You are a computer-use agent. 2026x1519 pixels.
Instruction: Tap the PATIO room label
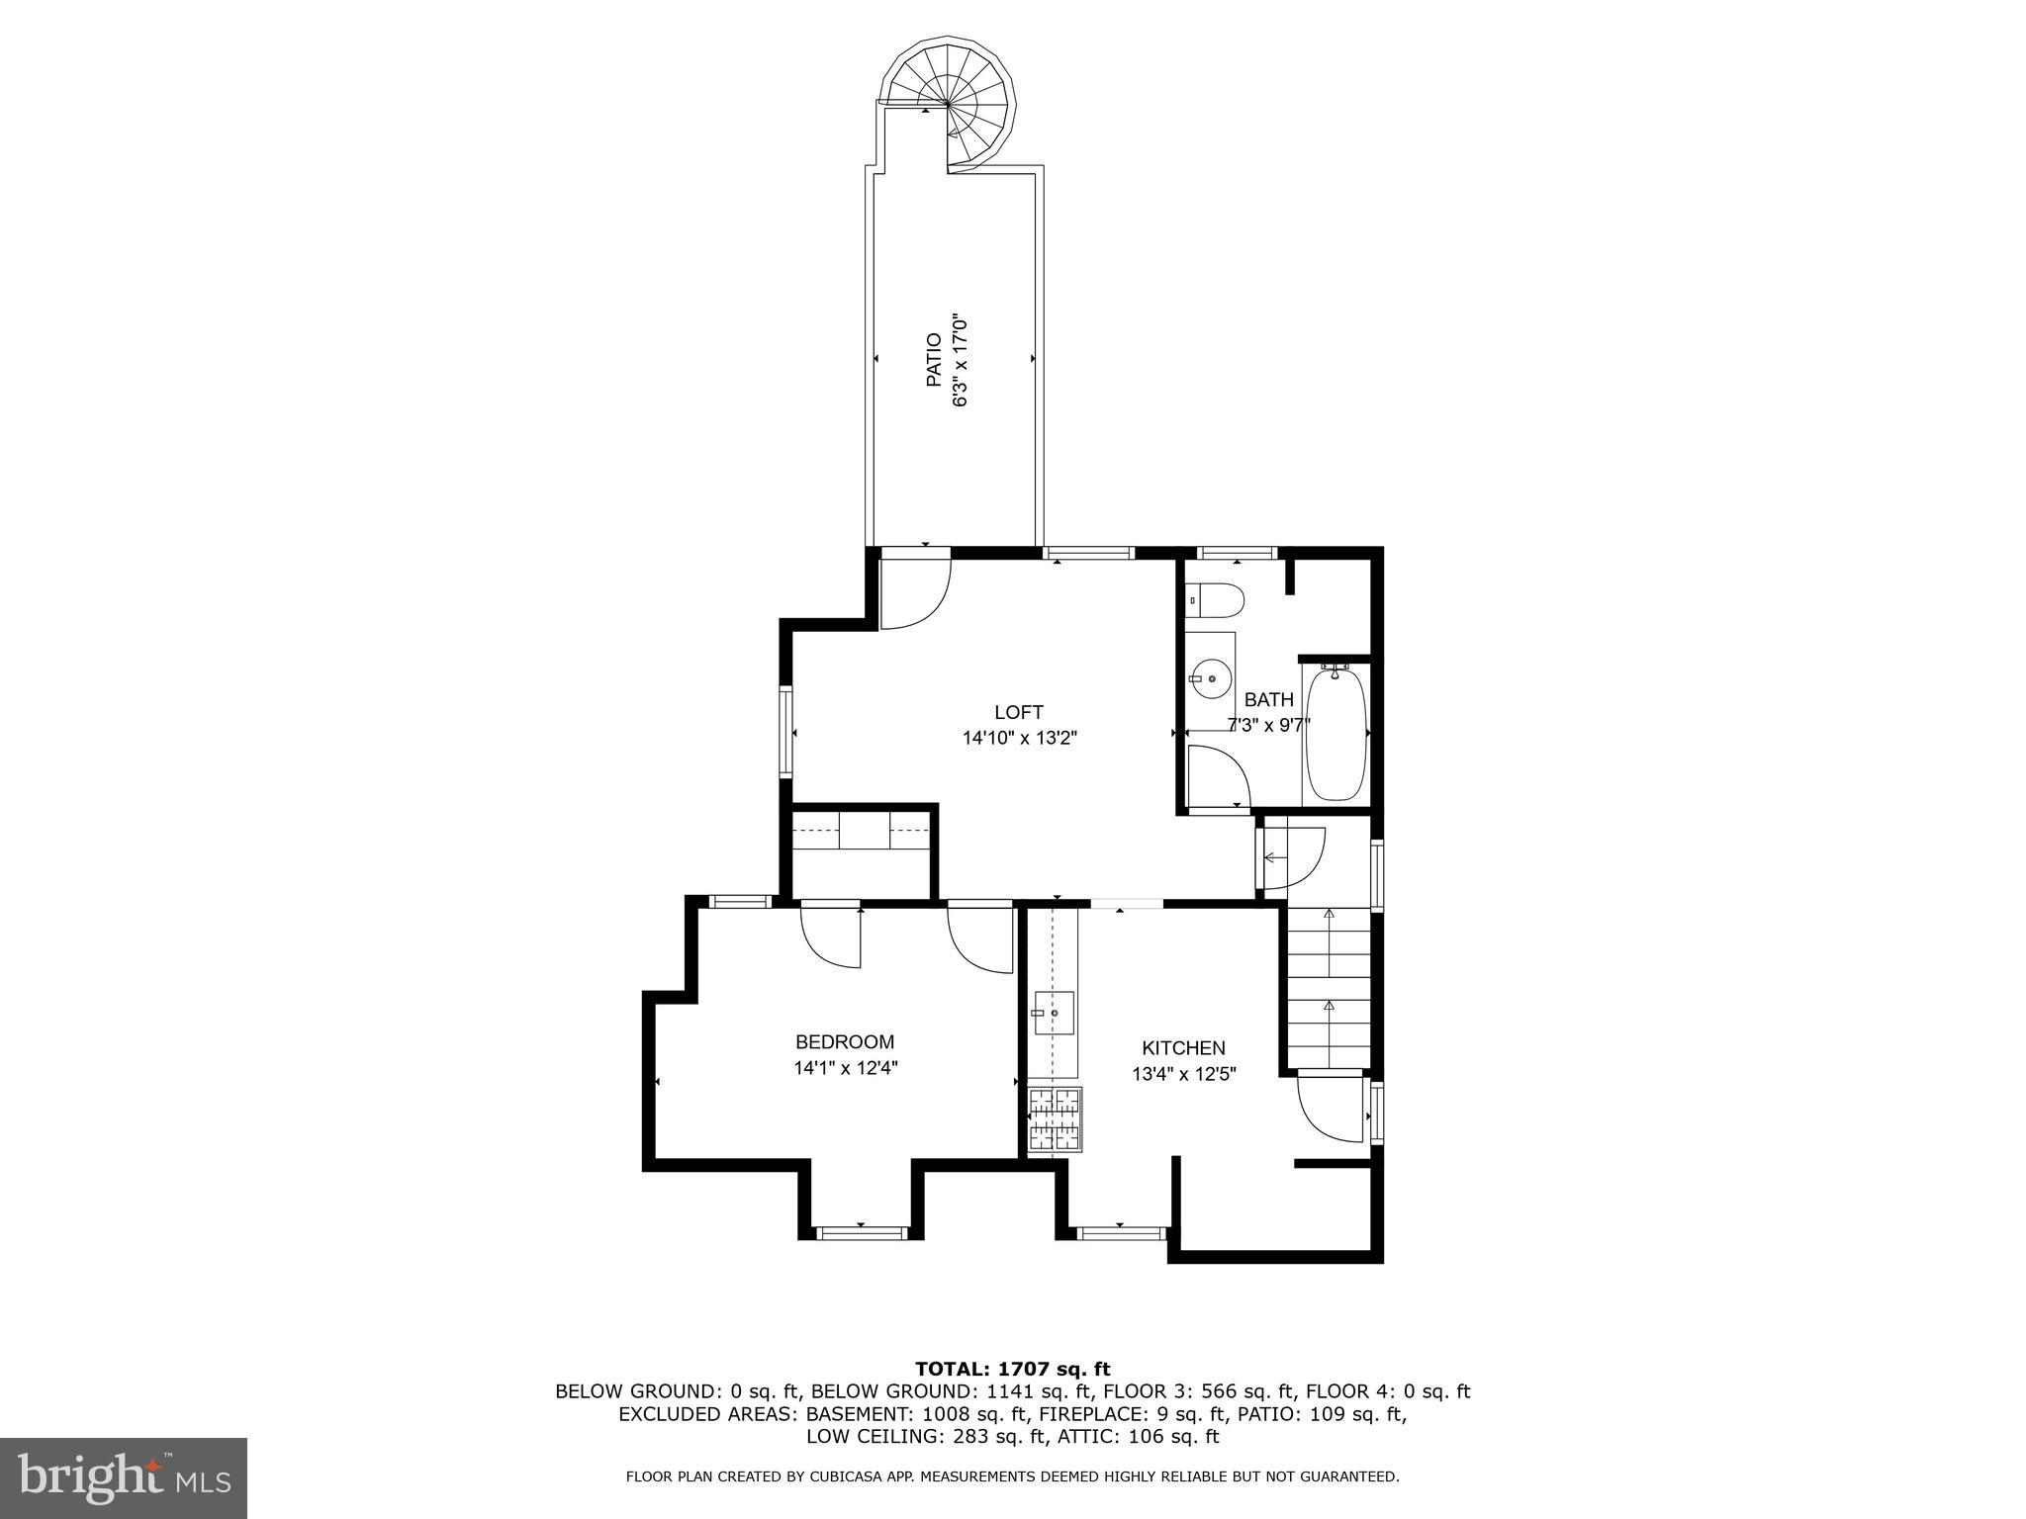[934, 360]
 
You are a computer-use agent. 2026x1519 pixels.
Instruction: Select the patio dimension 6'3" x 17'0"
[959, 361]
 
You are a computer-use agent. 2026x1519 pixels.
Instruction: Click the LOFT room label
[1019, 712]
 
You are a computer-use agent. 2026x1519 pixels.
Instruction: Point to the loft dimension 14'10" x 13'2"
[1019, 738]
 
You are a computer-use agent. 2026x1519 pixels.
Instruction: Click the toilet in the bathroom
[1216, 599]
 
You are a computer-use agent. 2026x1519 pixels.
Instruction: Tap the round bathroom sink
[1211, 679]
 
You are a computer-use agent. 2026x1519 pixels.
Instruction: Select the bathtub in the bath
[1335, 733]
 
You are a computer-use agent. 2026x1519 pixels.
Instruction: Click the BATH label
[1268, 700]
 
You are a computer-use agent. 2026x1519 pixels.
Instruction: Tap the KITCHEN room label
[1183, 1048]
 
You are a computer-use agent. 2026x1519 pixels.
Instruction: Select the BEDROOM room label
[845, 1042]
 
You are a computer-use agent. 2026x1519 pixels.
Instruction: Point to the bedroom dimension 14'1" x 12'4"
[845, 1068]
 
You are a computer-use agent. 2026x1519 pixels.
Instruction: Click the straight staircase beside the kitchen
[1329, 989]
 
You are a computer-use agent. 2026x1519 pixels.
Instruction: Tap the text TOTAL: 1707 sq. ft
[1012, 1370]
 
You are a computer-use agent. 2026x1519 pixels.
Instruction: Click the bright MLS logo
[124, 1478]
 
